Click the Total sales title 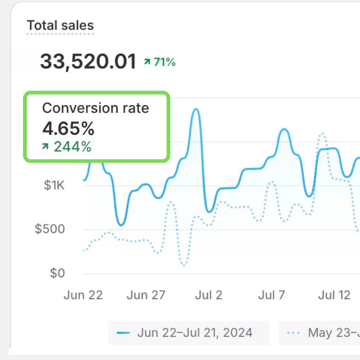click(60, 25)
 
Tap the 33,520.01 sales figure click(88, 62)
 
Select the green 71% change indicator click(165, 62)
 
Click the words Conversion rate click(96, 108)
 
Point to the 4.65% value click(68, 129)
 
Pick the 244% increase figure click(72, 147)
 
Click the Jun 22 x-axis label click(83, 295)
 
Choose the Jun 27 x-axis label click(146, 295)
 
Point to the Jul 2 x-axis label click(209, 295)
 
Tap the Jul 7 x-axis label click(272, 295)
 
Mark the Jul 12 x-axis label click(335, 295)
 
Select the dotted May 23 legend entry click(322, 333)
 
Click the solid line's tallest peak click(195, 110)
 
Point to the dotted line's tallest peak click(322, 134)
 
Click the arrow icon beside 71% click(147, 62)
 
